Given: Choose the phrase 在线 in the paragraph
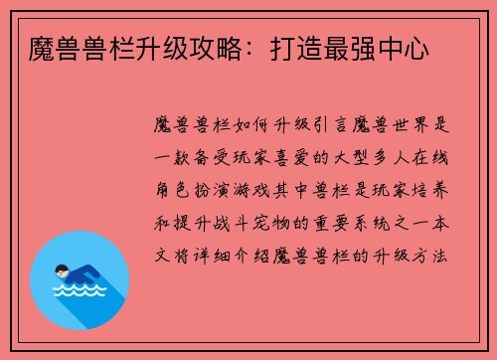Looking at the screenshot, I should [x=433, y=158].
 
